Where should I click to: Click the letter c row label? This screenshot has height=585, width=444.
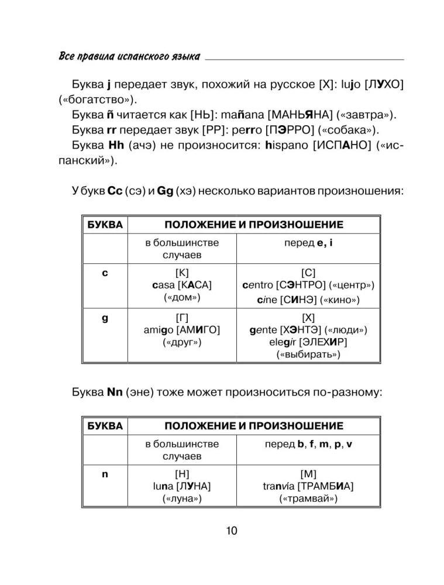coord(104,272)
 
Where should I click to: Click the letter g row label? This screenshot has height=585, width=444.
coord(104,318)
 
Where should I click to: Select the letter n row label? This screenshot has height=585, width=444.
coord(104,474)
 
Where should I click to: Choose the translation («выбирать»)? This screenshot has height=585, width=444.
coord(308,355)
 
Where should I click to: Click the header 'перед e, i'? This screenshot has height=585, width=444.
coord(308,242)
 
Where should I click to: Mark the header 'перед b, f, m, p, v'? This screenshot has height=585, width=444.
coord(308,444)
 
